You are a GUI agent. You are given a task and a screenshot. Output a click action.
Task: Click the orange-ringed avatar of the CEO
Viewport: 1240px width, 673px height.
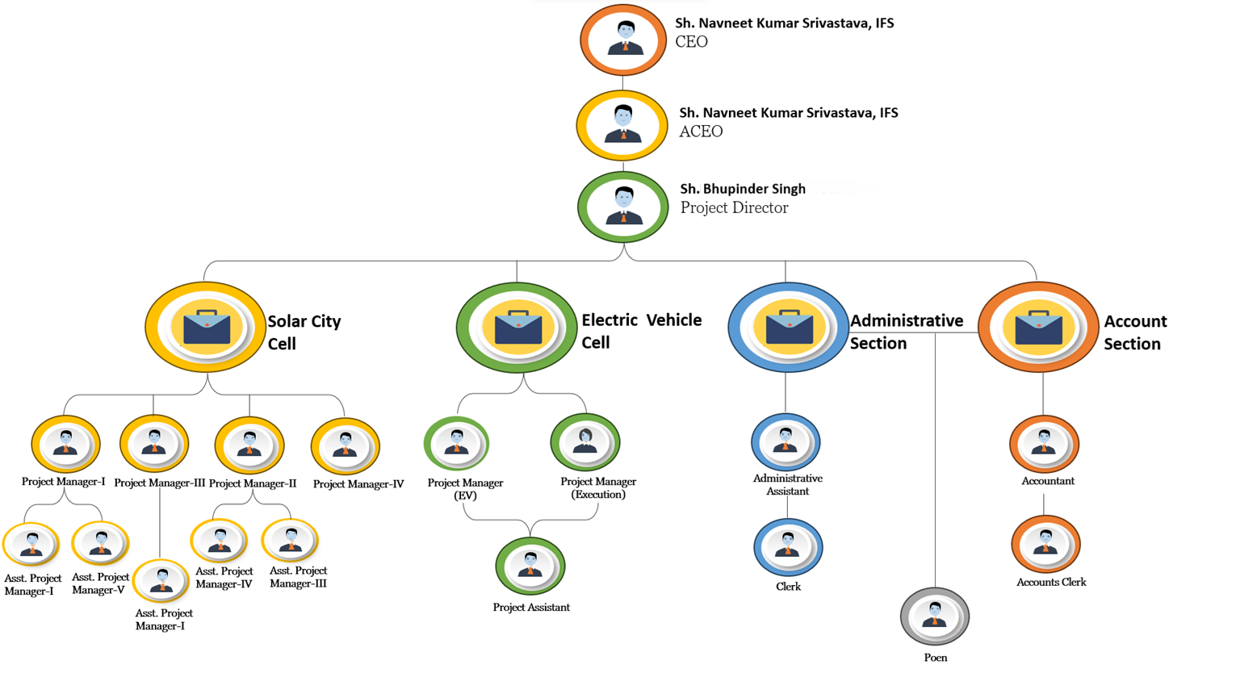click(x=623, y=40)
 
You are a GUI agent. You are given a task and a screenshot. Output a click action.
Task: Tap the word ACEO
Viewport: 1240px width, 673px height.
click(x=701, y=132)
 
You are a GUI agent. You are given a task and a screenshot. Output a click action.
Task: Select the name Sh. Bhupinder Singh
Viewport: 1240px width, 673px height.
click(x=743, y=189)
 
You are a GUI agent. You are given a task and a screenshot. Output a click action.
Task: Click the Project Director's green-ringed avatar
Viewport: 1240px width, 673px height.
click(x=623, y=207)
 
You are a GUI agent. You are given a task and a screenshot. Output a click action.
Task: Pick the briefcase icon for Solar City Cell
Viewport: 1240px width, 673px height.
click(x=206, y=327)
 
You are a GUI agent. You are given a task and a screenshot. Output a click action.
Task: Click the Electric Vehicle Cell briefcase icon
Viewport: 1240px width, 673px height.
click(x=517, y=327)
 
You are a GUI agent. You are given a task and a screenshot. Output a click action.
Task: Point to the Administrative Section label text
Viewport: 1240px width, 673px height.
click(x=906, y=332)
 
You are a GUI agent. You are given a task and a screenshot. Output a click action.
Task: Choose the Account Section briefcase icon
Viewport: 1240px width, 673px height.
click(x=1038, y=327)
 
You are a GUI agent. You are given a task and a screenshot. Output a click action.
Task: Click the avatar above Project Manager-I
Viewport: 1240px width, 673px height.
click(x=65, y=444)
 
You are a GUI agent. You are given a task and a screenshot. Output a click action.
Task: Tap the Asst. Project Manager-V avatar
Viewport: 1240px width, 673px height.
click(x=100, y=543)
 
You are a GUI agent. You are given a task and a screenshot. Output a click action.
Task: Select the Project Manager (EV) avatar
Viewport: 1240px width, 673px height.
click(x=457, y=443)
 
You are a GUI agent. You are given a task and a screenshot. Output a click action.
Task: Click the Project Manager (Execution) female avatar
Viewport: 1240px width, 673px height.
click(x=585, y=442)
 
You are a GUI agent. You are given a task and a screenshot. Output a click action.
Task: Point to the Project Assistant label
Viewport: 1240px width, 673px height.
click(x=531, y=608)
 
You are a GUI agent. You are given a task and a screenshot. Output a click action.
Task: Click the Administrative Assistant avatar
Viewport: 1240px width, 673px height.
click(x=785, y=441)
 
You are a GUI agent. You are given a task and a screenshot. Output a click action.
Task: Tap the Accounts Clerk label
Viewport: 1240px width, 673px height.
click(x=1051, y=582)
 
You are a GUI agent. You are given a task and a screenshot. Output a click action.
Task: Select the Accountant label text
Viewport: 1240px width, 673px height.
click(x=1048, y=481)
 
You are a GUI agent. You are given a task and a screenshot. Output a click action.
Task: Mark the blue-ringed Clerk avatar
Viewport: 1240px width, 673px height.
click(x=788, y=547)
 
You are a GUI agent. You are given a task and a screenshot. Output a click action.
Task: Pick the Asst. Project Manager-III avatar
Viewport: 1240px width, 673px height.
click(x=291, y=540)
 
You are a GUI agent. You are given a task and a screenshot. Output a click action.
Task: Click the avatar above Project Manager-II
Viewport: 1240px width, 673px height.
click(x=249, y=445)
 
